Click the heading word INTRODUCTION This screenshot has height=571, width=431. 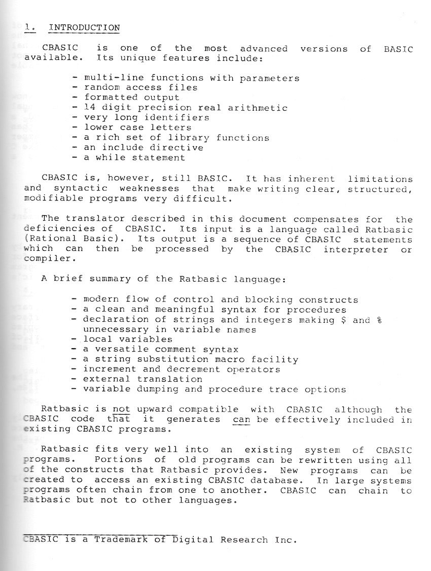[84, 27]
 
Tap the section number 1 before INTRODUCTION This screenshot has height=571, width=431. [28, 27]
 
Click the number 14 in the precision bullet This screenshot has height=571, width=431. [90, 108]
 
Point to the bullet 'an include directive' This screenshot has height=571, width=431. [143, 148]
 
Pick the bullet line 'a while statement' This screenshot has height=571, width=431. [134, 157]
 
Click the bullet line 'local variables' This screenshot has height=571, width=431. [128, 339]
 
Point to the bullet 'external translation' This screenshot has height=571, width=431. [143, 379]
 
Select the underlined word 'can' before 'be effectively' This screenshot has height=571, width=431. [241, 420]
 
